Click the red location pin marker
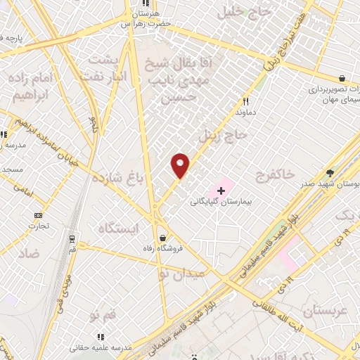coord(181,165)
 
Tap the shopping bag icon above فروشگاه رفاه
coord(163,237)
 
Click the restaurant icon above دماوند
coord(245,101)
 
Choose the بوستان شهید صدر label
coord(331,184)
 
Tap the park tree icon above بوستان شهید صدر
coord(330,173)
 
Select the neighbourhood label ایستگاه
coord(119,229)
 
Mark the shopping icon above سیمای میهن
coord(342,79)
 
